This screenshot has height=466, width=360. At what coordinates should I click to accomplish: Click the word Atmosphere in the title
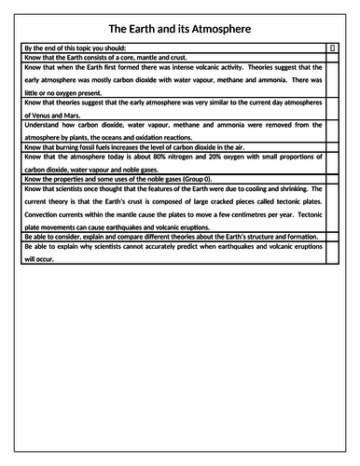point(216,28)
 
